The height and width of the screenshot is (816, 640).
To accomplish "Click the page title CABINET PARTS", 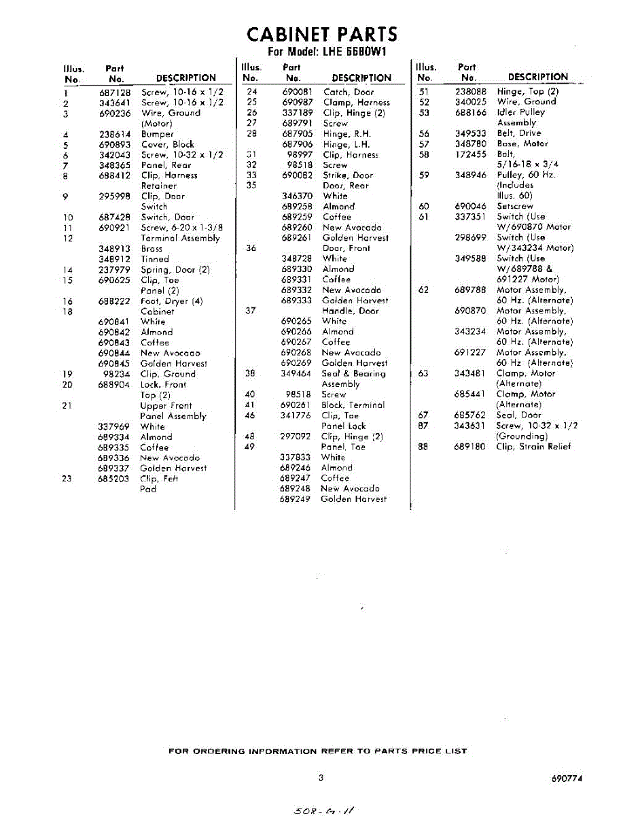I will click(x=321, y=35).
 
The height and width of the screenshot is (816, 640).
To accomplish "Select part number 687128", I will click(x=115, y=92).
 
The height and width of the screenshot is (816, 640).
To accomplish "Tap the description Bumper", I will click(x=157, y=135).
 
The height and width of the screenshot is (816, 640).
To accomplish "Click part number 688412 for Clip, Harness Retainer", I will click(x=115, y=176).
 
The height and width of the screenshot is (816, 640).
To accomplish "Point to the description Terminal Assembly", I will click(x=180, y=239).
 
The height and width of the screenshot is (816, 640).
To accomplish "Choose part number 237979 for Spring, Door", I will click(x=115, y=270).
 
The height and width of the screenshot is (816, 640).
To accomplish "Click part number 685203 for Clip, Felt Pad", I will click(x=115, y=479).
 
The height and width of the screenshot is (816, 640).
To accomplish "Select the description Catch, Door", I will click(x=348, y=92).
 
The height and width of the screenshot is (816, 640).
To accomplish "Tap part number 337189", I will click(x=298, y=113).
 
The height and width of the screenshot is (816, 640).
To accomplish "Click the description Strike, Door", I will click(x=348, y=175).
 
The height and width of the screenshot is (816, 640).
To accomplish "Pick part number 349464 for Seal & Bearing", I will click(x=297, y=374).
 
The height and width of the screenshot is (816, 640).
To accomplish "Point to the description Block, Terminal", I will click(x=353, y=405).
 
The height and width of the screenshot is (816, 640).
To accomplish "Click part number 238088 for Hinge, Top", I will click(x=471, y=91).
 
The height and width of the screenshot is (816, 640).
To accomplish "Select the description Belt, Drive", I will click(x=519, y=133).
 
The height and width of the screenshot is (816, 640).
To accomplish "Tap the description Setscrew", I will click(x=515, y=206).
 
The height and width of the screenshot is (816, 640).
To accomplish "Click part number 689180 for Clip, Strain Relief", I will click(x=471, y=447).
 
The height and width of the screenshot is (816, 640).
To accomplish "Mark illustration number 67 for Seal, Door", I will click(x=423, y=415).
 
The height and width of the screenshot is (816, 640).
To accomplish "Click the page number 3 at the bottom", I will click(x=320, y=778).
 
